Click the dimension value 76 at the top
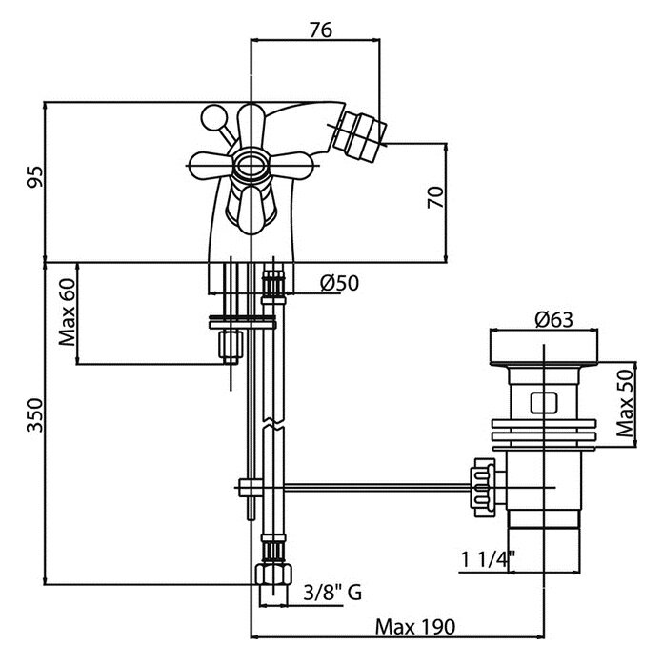tap(320, 29)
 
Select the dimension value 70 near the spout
tap(434, 198)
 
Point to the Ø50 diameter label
tap(339, 282)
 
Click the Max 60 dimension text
tap(68, 313)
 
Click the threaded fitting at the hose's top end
tap(273, 283)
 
